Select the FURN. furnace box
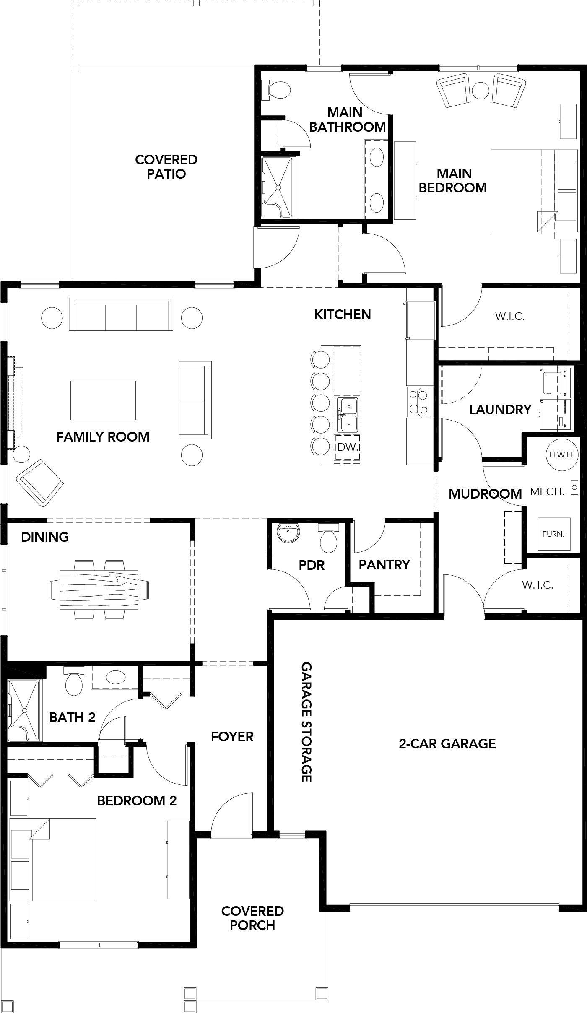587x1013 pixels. click(x=553, y=534)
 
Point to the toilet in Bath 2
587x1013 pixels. click(x=74, y=682)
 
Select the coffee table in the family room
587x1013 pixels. click(x=103, y=400)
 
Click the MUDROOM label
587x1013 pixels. click(x=485, y=494)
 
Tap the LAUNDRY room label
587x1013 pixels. click(x=500, y=409)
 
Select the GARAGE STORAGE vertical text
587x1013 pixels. click(x=306, y=722)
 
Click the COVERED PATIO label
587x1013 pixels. click(x=166, y=166)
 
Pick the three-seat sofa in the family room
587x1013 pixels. click(x=121, y=314)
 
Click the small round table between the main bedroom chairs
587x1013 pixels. click(x=480, y=90)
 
